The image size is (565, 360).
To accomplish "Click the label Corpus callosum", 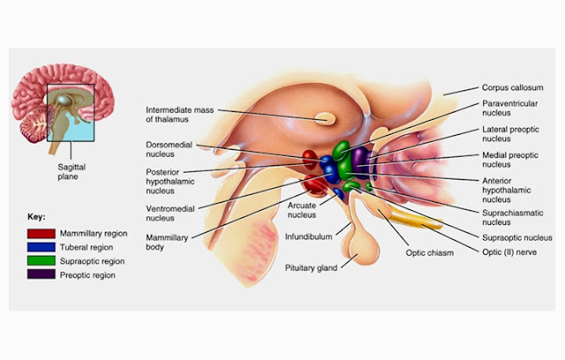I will click(512, 88).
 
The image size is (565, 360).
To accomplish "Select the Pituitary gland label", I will click(311, 266).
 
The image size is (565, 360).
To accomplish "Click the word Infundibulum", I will click(307, 236).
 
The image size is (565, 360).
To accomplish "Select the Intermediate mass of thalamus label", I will click(177, 115).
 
